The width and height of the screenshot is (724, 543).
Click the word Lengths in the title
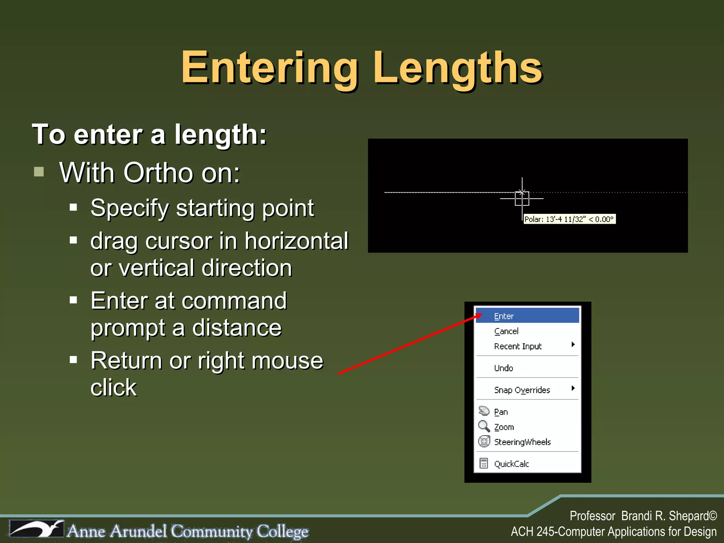pyautogui.click(x=457, y=68)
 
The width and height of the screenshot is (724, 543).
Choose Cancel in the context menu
pyautogui.click(x=506, y=331)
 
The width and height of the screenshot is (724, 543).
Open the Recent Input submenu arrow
pyautogui.click(x=573, y=344)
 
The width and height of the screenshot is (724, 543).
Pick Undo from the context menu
pyautogui.click(x=503, y=368)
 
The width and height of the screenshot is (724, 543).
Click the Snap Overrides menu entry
pyautogui.click(x=522, y=390)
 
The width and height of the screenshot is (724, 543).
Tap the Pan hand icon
pyautogui.click(x=484, y=411)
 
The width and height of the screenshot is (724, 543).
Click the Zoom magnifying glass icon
pyautogui.click(x=484, y=426)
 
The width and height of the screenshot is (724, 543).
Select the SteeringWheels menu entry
pyautogui.click(x=522, y=442)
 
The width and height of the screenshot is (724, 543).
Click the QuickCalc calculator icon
pyautogui.click(x=484, y=463)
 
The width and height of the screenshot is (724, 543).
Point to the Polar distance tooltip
pyautogui.click(x=569, y=219)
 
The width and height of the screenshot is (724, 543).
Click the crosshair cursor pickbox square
pyautogui.click(x=522, y=199)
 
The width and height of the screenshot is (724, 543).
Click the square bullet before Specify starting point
pyautogui.click(x=74, y=207)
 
